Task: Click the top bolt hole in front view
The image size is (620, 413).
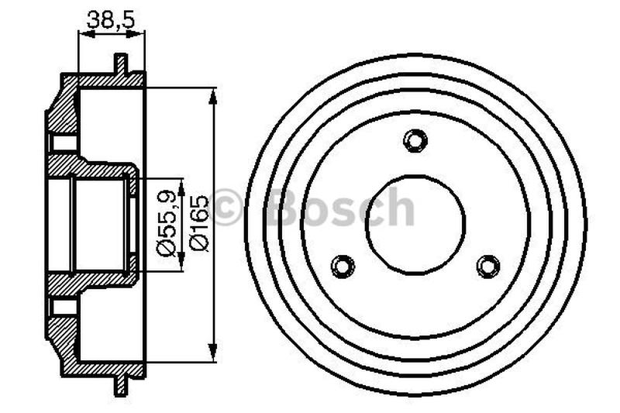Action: coord(415,140)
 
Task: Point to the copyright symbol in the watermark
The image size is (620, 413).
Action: coord(227,208)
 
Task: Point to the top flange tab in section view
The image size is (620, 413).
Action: coord(119,64)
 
